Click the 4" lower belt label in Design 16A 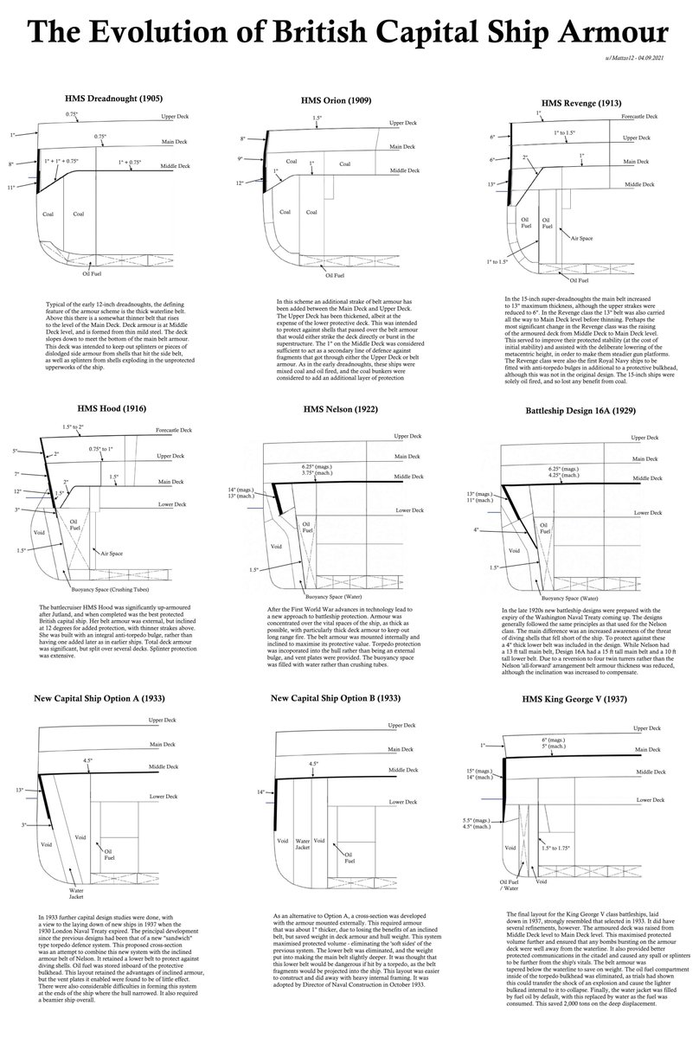(500, 529)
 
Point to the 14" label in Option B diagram (261, 791)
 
